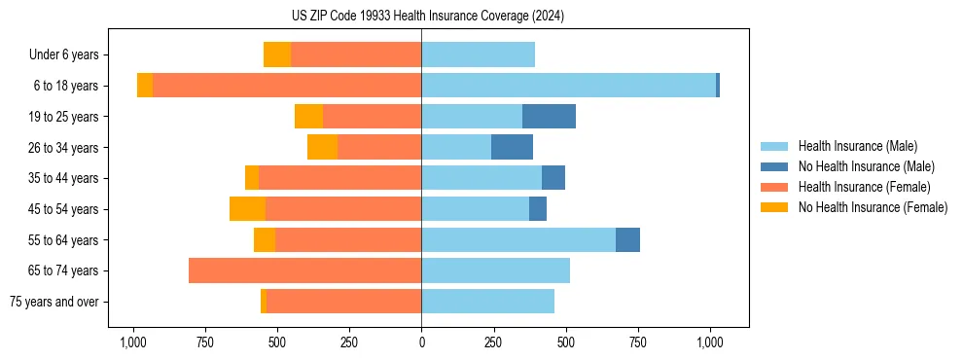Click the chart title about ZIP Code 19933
428,17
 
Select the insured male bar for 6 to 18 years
568,86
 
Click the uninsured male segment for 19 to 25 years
549,117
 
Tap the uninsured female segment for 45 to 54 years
247,209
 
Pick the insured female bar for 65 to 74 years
304,270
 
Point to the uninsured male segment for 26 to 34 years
512,147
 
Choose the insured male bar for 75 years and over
487,302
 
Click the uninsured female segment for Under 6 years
277,55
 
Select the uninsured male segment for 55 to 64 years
627,239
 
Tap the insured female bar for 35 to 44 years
339,178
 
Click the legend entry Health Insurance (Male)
857,146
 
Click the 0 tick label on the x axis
421,342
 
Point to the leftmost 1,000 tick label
133,342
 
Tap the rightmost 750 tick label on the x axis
637,342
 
